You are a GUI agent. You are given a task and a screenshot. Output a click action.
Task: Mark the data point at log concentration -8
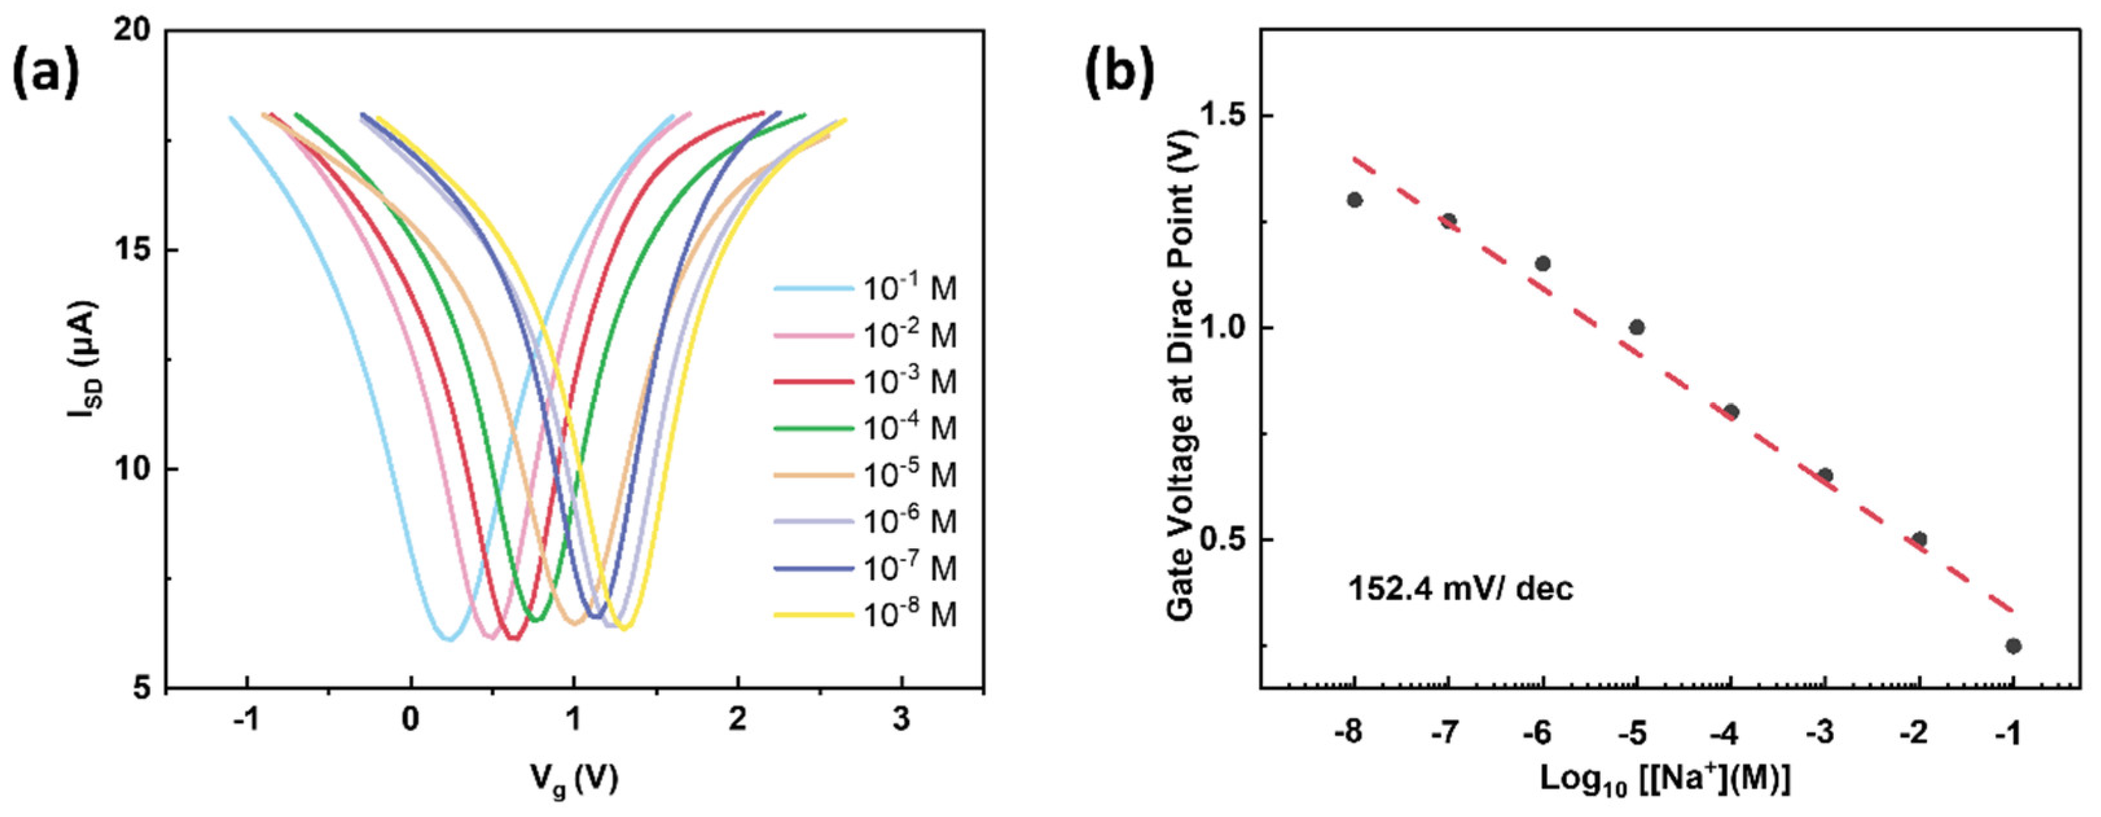tap(1355, 200)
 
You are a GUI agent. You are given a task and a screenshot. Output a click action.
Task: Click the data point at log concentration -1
tap(2013, 646)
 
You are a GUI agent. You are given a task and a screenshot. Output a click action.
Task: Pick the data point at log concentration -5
tap(1636, 328)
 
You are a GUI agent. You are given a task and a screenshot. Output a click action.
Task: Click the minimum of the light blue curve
tap(449, 639)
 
